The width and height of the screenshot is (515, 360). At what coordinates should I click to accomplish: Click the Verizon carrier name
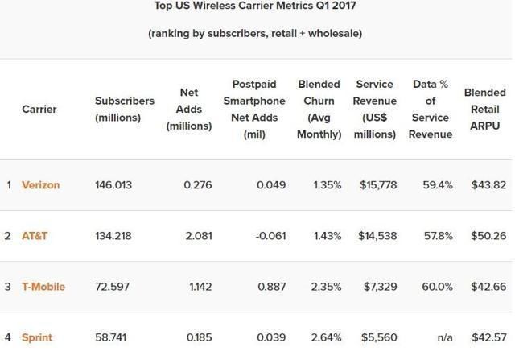tap(40, 185)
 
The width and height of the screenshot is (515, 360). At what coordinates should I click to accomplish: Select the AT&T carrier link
tap(35, 236)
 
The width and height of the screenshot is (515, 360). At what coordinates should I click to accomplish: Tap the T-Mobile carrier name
tap(43, 287)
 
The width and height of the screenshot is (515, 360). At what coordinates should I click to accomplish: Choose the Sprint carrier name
tap(37, 337)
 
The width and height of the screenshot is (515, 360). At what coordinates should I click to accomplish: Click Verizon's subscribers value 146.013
tap(113, 185)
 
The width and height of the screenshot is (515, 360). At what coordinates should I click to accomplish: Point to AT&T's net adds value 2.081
tap(197, 236)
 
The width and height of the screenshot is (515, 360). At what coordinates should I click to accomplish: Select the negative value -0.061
tap(270, 236)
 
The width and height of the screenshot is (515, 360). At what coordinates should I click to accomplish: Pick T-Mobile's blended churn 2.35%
tap(327, 287)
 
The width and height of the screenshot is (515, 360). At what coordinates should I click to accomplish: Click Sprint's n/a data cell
tap(443, 337)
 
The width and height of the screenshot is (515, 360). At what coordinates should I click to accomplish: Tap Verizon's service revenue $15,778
tap(377, 185)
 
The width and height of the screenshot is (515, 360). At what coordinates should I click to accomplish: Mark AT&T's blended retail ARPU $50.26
tap(488, 236)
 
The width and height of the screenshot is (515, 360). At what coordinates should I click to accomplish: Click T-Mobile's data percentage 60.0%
tap(437, 287)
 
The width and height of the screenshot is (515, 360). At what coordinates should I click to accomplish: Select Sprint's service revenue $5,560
tap(379, 337)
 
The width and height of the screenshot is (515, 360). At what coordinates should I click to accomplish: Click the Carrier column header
tap(39, 109)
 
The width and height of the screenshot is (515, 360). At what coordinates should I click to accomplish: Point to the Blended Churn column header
tap(319, 109)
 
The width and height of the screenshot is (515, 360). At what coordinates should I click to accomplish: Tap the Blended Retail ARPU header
tap(485, 109)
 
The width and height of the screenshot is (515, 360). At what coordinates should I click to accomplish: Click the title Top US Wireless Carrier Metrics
tap(255, 6)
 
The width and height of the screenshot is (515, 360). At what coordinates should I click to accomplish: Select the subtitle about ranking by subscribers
tap(255, 34)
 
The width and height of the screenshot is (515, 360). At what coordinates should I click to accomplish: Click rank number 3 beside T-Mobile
tap(9, 287)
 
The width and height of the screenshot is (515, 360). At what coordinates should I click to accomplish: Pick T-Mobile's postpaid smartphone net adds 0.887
tap(271, 287)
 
